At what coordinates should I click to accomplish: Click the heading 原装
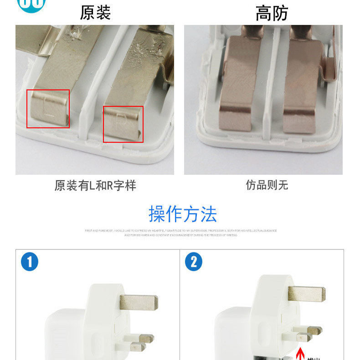pyautogui.click(x=95, y=12)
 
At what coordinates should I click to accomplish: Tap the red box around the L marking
pyautogui.click(x=48, y=108)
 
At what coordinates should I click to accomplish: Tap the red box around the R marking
pyautogui.click(x=123, y=124)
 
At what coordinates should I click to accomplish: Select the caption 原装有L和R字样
pyautogui.click(x=95, y=185)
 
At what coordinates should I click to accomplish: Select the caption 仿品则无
pyautogui.click(x=267, y=185)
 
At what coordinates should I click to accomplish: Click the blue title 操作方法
pyautogui.click(x=183, y=214)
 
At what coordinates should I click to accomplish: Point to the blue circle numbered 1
pyautogui.click(x=30, y=262)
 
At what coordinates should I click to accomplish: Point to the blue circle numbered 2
pyautogui.click(x=194, y=262)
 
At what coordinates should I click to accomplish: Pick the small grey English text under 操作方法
pyautogui.click(x=180, y=233)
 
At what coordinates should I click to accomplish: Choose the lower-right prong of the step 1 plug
pyautogui.click(x=144, y=339)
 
